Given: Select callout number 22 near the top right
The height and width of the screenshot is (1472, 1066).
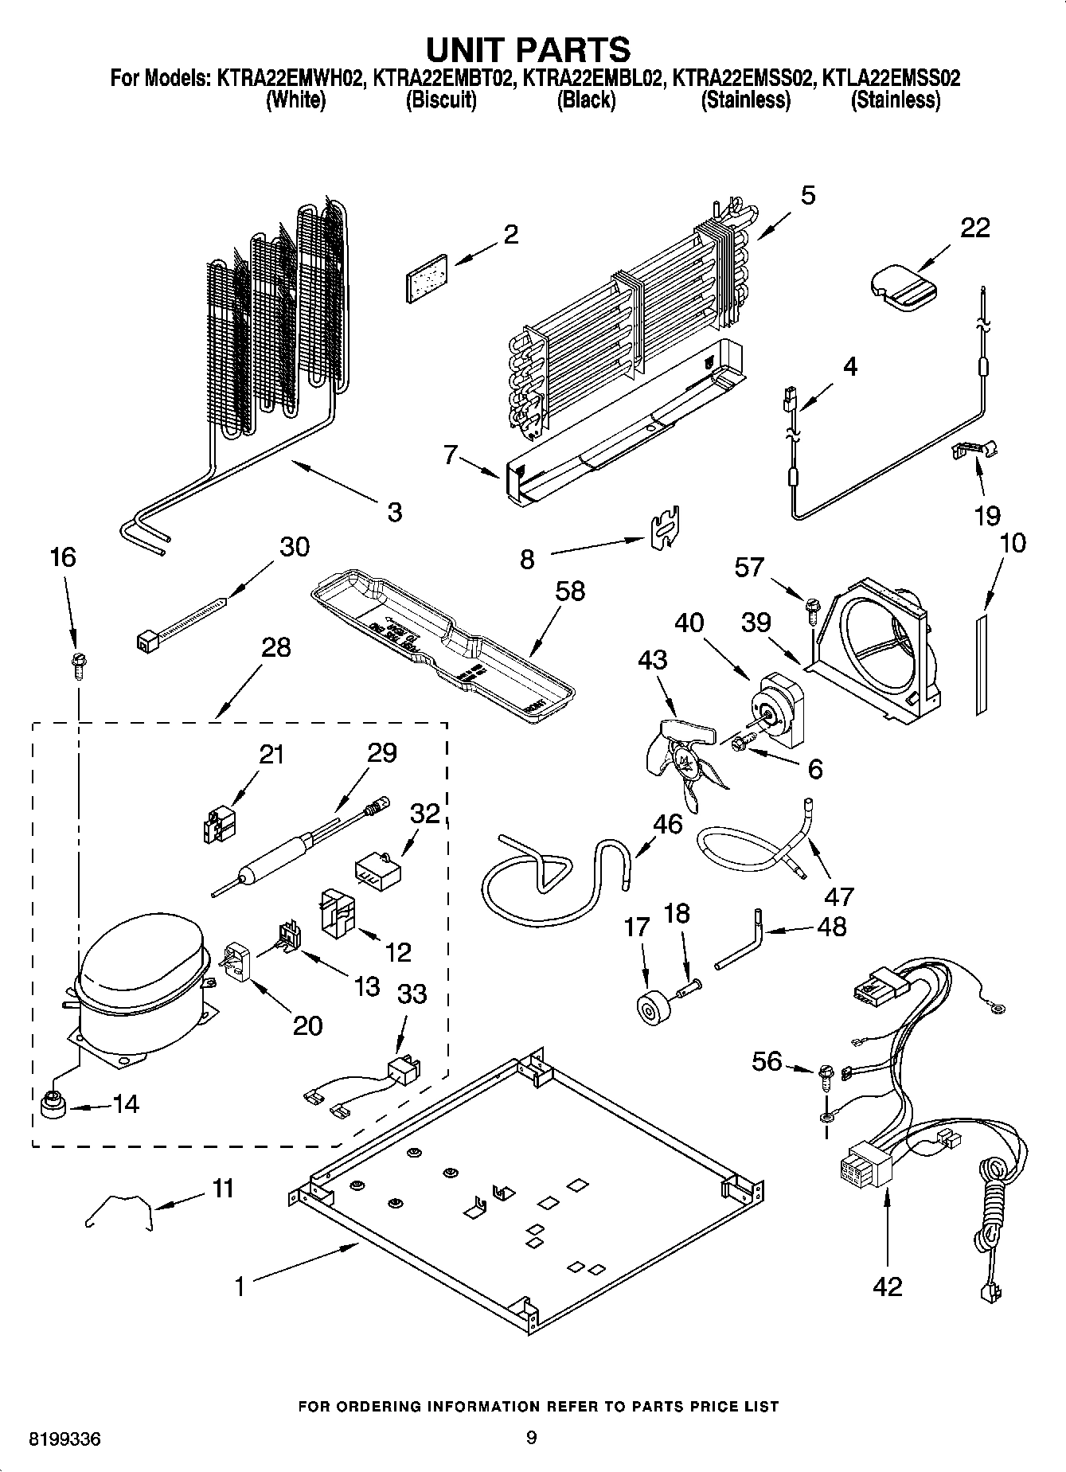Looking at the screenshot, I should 974,228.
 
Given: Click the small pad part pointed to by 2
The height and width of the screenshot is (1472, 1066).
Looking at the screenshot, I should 427,279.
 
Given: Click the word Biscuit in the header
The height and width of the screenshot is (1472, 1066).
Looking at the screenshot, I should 441,100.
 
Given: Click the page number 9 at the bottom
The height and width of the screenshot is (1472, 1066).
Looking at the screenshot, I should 531,1438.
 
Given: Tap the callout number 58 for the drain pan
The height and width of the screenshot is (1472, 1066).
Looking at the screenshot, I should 570,592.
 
